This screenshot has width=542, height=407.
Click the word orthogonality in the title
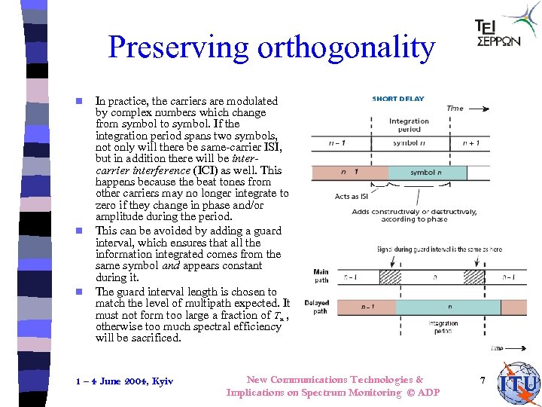[x=346, y=48]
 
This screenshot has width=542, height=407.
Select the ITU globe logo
[x=519, y=383]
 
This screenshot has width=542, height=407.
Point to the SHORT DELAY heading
[x=398, y=99]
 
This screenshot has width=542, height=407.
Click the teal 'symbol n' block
[x=424, y=173]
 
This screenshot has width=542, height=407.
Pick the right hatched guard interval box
[x=473, y=277]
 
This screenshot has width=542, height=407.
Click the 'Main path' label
[x=321, y=276]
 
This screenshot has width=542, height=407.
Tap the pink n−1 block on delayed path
[x=368, y=307]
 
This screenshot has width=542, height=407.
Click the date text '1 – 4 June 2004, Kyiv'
[x=125, y=381]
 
